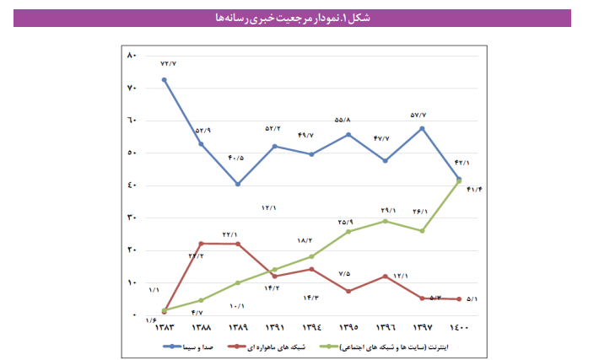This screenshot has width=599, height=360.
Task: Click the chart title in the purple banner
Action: pyautogui.click(x=299, y=18)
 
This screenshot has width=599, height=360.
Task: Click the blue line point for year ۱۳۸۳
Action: pyautogui.click(x=164, y=80)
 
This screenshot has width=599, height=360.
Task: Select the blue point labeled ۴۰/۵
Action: pyautogui.click(x=238, y=184)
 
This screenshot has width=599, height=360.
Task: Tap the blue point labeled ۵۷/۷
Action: pyautogui.click(x=422, y=128)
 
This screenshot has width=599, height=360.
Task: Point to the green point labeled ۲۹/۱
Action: pyautogui.click(x=386, y=221)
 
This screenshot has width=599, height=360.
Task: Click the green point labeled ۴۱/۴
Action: pyautogui.click(x=459, y=181)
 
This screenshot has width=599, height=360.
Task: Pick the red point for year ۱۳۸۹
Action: pyautogui.click(x=238, y=244)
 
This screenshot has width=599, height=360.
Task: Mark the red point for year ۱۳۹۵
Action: pyautogui.click(x=348, y=291)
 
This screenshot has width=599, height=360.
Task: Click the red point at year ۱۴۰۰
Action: pyautogui.click(x=459, y=298)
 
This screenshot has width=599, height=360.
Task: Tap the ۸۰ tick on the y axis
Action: pyautogui.click(x=131, y=56)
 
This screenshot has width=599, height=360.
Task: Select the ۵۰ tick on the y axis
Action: pyautogui.click(x=131, y=153)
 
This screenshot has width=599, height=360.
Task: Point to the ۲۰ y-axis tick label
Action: pyautogui.click(x=131, y=250)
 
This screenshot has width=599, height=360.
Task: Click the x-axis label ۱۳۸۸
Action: pyautogui.click(x=201, y=327)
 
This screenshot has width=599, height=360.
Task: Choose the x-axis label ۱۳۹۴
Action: pyautogui.click(x=311, y=327)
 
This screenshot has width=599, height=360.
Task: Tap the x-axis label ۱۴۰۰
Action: pyautogui.click(x=459, y=327)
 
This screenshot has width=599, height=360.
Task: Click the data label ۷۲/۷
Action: pyautogui.click(x=169, y=63)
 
